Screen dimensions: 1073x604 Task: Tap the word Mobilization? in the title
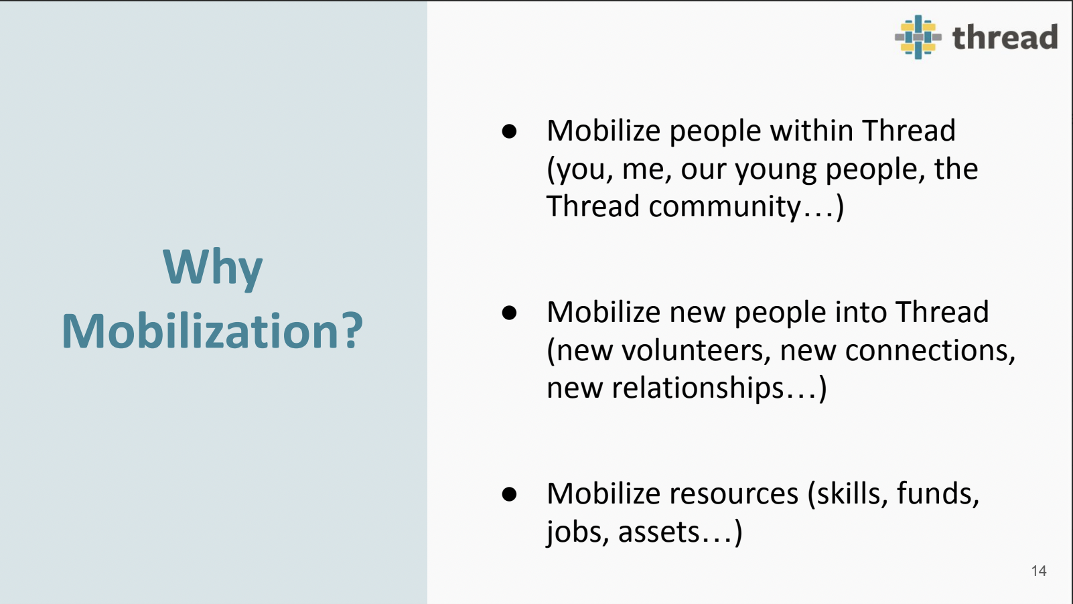click(213, 331)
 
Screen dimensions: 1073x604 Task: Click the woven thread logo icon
click(918, 37)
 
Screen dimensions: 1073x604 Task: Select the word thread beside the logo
click(1005, 37)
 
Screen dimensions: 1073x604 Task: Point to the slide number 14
click(1039, 571)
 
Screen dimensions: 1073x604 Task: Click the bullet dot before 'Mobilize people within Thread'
click(509, 131)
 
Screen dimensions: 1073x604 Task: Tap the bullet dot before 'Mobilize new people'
click(509, 313)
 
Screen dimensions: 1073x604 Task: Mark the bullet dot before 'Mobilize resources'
click(509, 494)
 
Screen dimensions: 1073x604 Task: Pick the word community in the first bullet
click(724, 207)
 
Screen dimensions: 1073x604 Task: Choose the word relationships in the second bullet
click(697, 388)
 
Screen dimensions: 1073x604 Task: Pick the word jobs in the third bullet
click(578, 532)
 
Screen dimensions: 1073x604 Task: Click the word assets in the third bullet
click(658, 532)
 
